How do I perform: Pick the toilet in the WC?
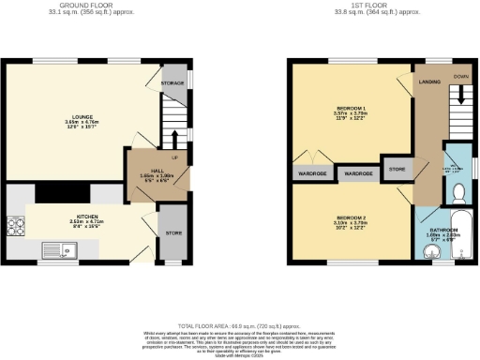pos(458,194)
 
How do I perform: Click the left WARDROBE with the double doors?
pos(312,173)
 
